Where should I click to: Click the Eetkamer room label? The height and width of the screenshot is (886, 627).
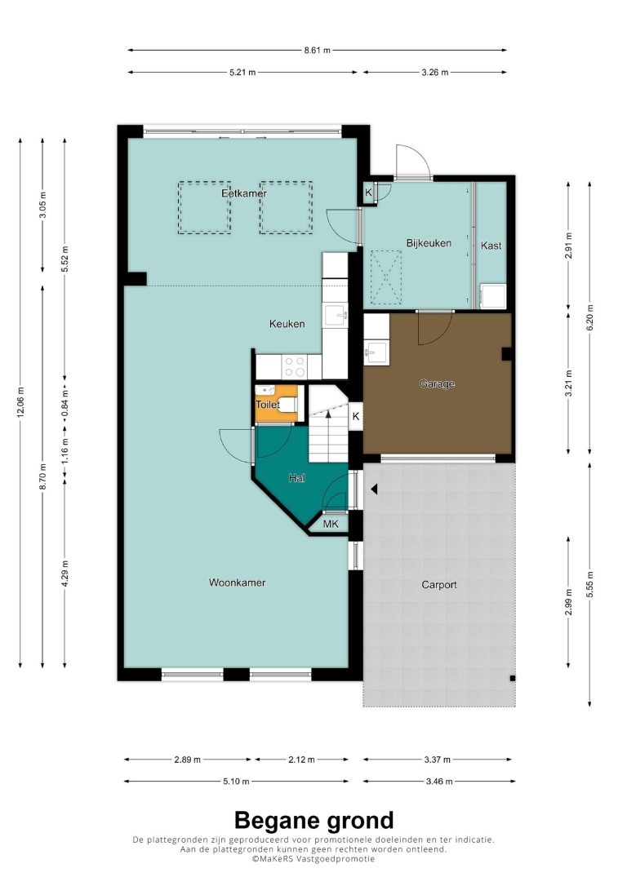(x=243, y=193)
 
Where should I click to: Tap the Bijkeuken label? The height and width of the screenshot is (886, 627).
(x=429, y=243)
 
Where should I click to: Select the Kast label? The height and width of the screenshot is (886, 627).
(x=491, y=246)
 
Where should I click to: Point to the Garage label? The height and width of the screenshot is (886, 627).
(x=437, y=384)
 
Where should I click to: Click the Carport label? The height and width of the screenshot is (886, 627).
(x=438, y=585)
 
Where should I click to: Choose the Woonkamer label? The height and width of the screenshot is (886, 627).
(x=237, y=583)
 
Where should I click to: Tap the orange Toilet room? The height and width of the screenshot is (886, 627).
(x=277, y=404)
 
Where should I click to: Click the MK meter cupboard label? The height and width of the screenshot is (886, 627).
(x=330, y=525)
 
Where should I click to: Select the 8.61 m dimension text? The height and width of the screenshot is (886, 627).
(x=317, y=50)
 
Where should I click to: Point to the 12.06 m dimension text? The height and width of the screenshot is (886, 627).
(x=21, y=401)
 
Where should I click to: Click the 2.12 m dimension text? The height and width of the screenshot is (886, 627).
(x=301, y=760)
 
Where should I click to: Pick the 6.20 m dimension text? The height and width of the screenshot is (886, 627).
(x=590, y=317)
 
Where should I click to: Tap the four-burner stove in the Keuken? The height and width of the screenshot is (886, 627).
(x=294, y=366)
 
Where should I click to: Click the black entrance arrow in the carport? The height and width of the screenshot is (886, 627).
(x=374, y=490)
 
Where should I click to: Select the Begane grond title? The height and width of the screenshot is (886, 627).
(x=313, y=821)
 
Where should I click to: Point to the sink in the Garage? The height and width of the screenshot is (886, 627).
(x=376, y=353)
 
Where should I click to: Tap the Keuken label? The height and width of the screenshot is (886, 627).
(x=287, y=324)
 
